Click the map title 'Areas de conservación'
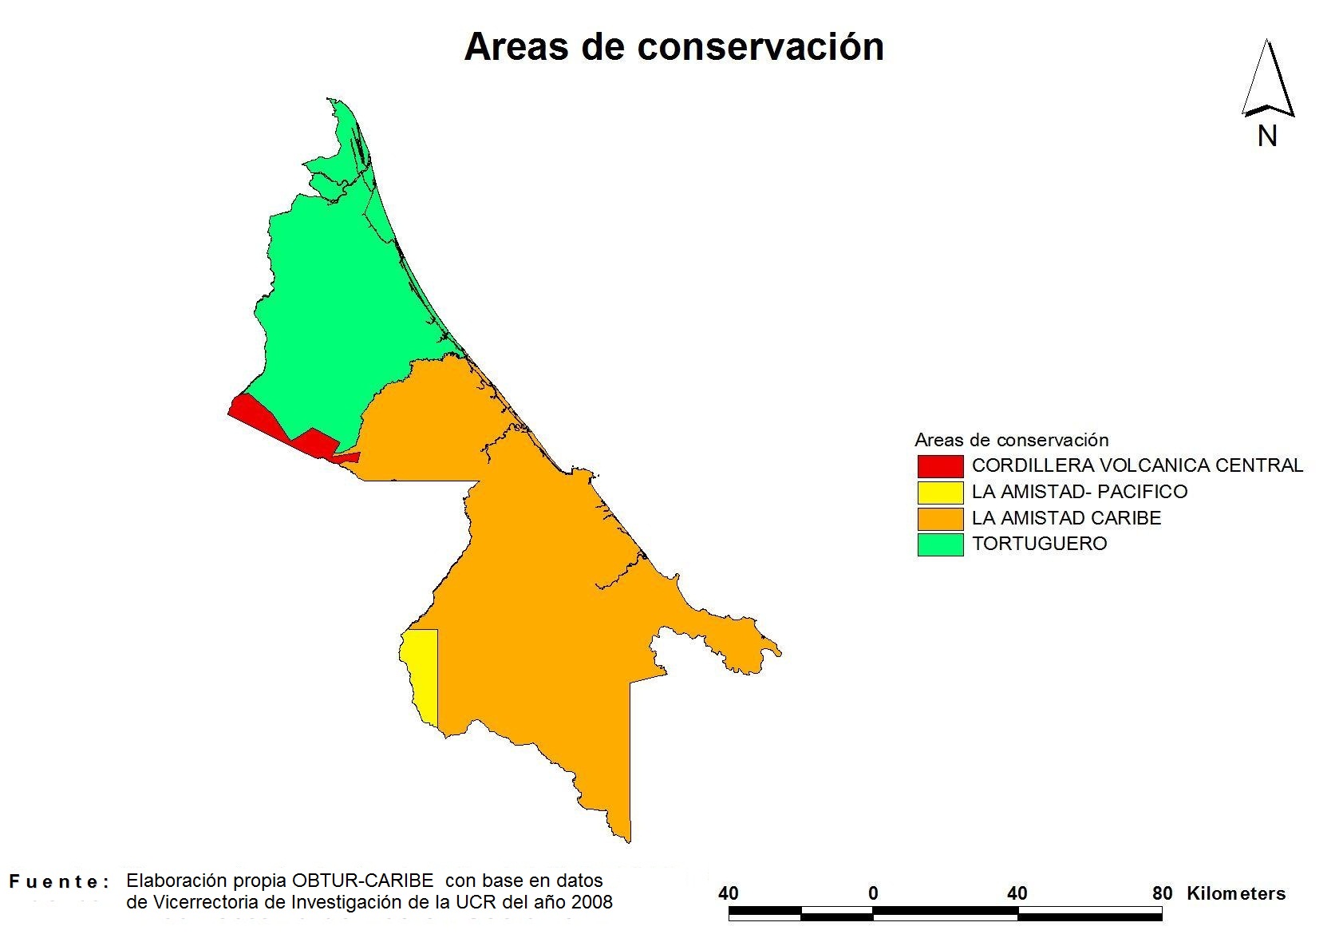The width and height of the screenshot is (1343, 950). (674, 47)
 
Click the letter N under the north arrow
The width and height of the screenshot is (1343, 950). (1267, 137)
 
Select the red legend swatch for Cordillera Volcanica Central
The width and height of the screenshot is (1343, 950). (940, 466)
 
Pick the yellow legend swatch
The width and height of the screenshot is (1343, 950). (940, 493)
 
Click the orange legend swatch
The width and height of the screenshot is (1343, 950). (940, 519)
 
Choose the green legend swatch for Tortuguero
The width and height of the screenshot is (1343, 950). (940, 544)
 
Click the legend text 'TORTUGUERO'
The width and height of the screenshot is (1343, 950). (1039, 544)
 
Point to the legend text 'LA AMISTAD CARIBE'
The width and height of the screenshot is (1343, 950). (1067, 517)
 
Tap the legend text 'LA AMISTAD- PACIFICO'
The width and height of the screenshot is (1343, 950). (1080, 491)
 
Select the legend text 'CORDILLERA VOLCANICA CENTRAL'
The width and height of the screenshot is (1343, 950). (1137, 465)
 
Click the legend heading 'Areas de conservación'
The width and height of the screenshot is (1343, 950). (1012, 440)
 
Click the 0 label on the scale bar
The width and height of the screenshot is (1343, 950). (873, 893)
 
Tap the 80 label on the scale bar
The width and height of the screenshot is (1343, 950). (1162, 893)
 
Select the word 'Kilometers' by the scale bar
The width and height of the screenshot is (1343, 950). (1236, 893)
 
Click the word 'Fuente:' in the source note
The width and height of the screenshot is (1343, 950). (59, 881)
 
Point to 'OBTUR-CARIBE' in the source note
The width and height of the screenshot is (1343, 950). (363, 880)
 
